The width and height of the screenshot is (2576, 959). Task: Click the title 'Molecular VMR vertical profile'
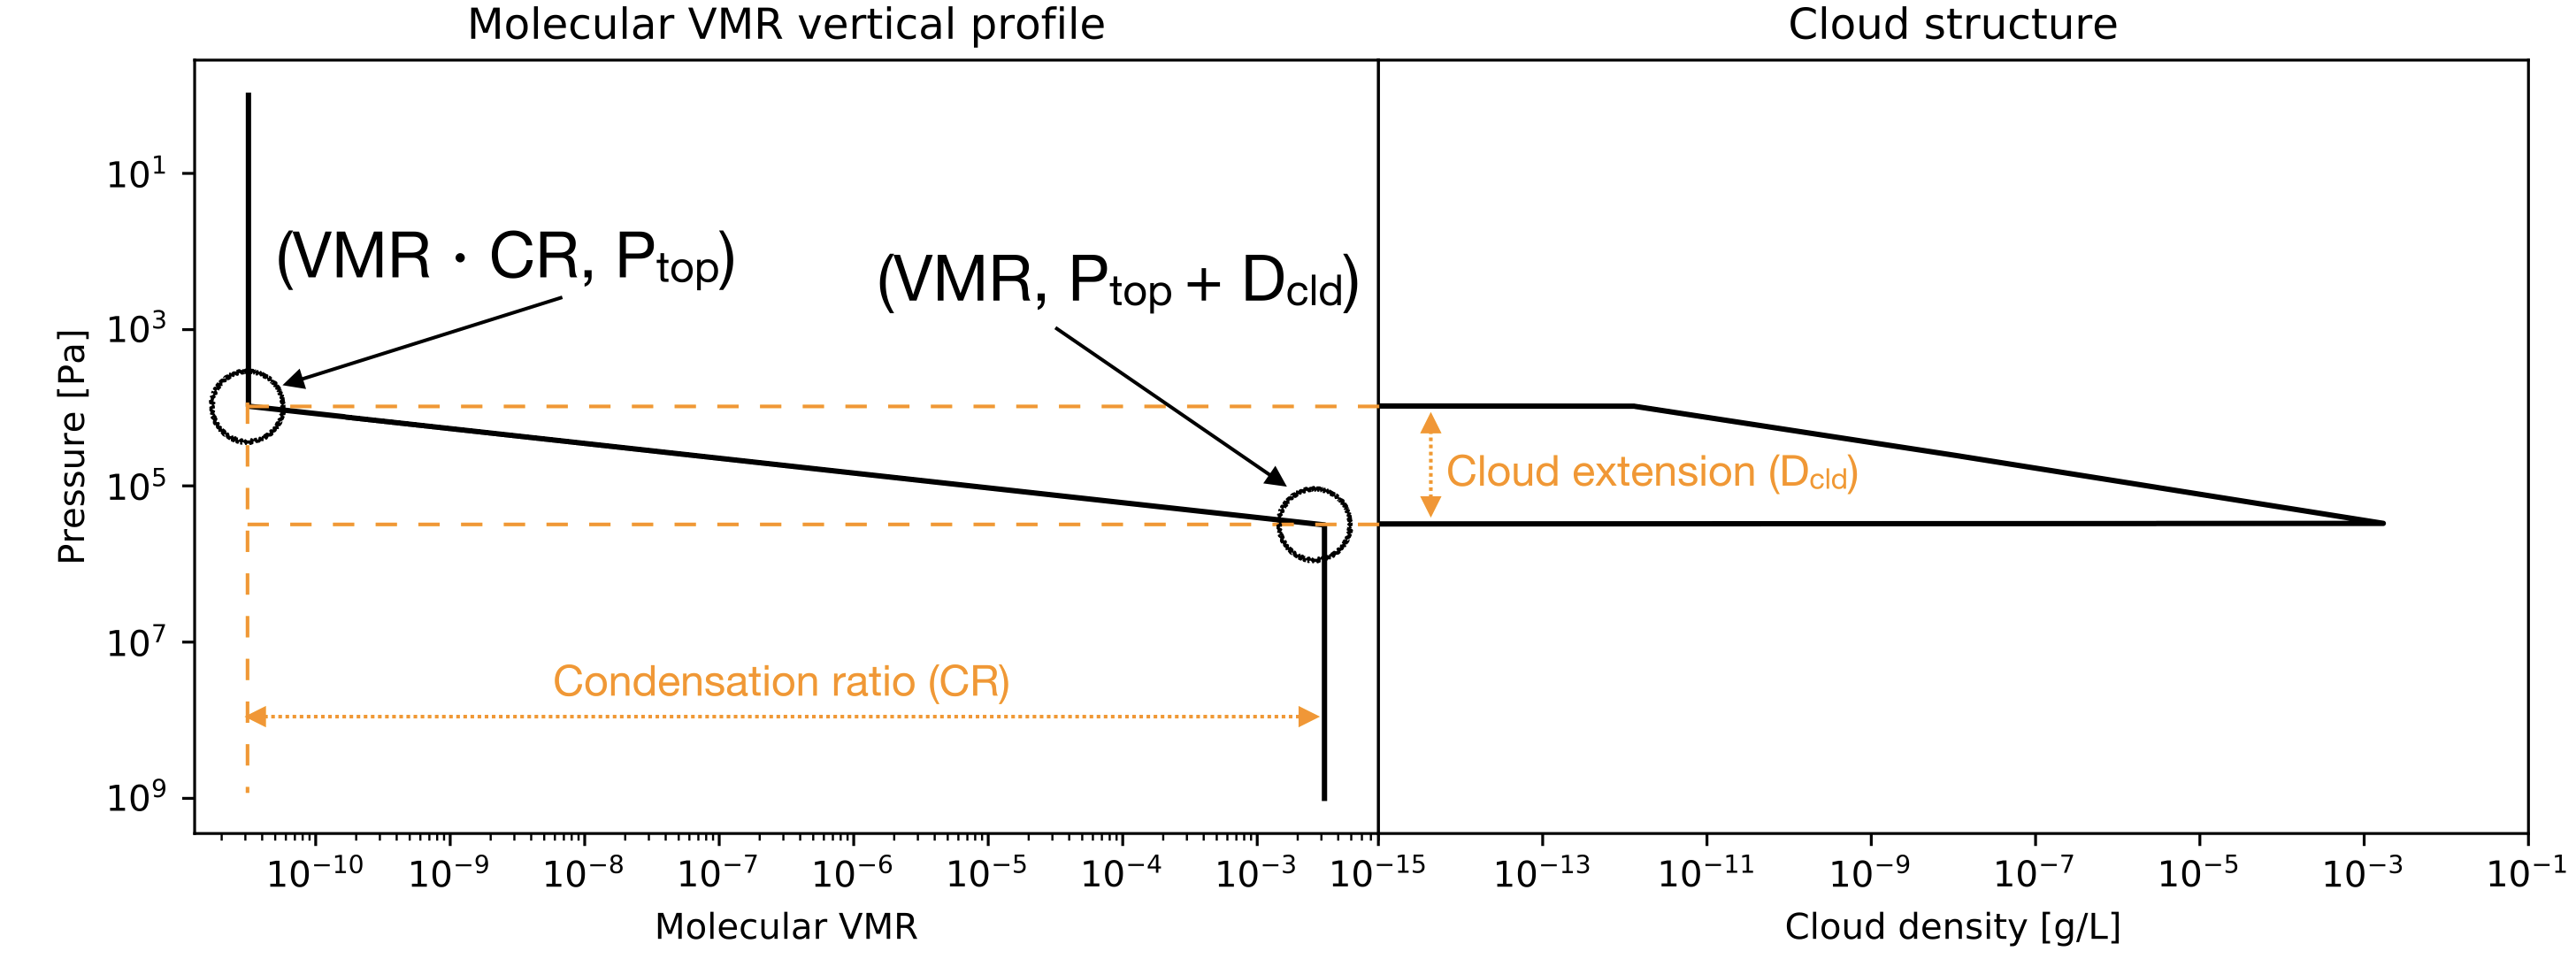pyautogui.click(x=786, y=24)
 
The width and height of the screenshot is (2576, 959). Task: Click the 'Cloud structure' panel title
pyautogui.click(x=1952, y=24)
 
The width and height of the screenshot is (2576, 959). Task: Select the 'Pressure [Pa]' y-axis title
pyautogui.click(x=71, y=446)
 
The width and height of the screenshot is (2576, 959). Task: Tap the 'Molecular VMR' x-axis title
pyautogui.click(x=786, y=926)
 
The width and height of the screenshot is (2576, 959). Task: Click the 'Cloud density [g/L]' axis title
pyautogui.click(x=1952, y=926)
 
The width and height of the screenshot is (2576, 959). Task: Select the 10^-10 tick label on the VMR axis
pyautogui.click(x=314, y=873)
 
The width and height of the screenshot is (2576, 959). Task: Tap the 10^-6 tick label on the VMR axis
pyautogui.click(x=852, y=873)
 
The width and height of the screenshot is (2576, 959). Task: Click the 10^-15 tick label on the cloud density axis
pyautogui.click(x=1377, y=873)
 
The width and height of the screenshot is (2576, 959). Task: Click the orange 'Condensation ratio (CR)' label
pyautogui.click(x=781, y=682)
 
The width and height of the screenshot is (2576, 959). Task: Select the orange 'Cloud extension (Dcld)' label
pyautogui.click(x=1652, y=472)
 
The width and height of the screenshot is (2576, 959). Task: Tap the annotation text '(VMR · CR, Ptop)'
pyautogui.click(x=505, y=258)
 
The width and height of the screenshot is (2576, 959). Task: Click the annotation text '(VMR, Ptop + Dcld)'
pyautogui.click(x=1117, y=281)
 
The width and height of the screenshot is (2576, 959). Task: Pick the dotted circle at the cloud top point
pyautogui.click(x=247, y=406)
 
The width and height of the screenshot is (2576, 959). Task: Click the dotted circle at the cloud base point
pyautogui.click(x=1314, y=524)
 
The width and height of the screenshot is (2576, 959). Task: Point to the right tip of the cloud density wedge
pyautogui.click(x=2381, y=523)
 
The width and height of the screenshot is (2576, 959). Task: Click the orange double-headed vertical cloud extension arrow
pyautogui.click(x=1430, y=465)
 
